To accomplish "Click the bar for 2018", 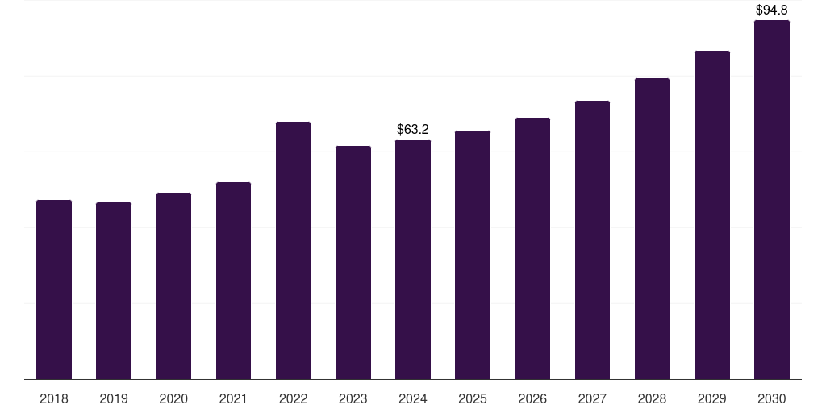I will (54, 290).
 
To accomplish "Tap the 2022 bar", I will (293, 250).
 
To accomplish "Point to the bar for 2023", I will (353, 262).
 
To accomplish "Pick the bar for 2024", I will (413, 259).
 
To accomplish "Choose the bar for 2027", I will (592, 240).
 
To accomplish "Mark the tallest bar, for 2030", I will (772, 199).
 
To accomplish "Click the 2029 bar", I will (712, 215).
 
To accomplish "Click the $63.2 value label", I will (413, 129).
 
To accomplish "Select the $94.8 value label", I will (772, 10).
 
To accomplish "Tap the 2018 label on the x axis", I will (54, 398).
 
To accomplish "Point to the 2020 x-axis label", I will (173, 398).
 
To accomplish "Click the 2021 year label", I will (233, 398).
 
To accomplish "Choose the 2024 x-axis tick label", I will (413, 398).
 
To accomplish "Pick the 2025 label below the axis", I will (473, 398).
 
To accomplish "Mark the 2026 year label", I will (532, 398).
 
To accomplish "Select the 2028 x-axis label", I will (652, 398).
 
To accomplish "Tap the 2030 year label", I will (772, 398).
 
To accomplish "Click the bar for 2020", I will (173, 286).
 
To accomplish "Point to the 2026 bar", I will (532, 248).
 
